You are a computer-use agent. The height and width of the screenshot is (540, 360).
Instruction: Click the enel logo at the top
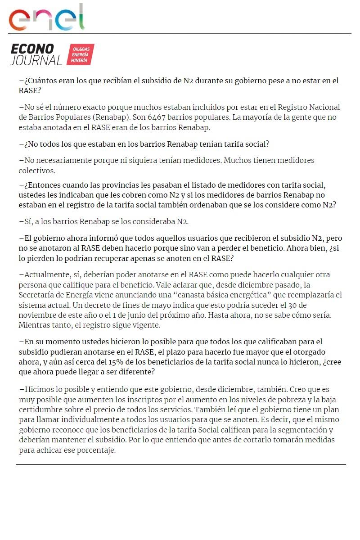(x=47, y=18)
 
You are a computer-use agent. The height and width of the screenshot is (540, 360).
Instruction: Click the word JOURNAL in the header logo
(x=36, y=60)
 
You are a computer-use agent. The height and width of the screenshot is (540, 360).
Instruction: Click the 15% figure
(x=116, y=362)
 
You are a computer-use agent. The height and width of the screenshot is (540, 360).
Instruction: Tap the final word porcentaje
(x=97, y=450)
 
